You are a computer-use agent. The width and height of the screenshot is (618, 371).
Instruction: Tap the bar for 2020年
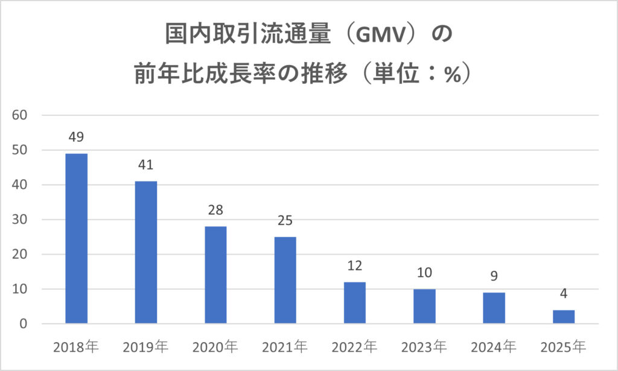coord(215,275)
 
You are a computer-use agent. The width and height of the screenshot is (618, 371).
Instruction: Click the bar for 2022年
coord(354,303)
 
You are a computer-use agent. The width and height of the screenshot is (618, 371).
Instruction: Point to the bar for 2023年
coord(424,306)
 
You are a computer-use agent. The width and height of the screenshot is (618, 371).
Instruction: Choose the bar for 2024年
coord(494,308)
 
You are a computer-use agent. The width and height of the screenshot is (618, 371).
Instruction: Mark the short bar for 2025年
coord(563,317)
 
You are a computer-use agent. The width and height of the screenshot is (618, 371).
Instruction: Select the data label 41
coord(146,165)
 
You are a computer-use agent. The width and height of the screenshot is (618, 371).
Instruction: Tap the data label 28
coord(215,211)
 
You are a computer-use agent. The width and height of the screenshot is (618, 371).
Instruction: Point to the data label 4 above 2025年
coord(563,294)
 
